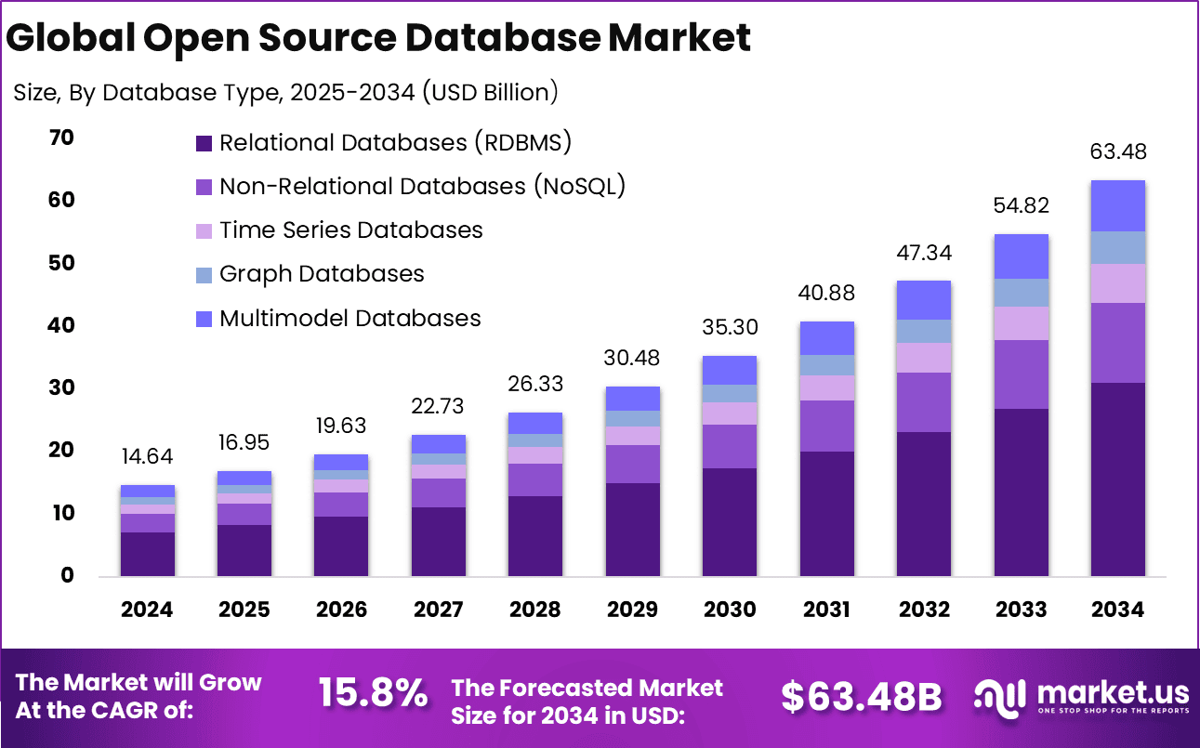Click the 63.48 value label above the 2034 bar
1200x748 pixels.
pos(1117,151)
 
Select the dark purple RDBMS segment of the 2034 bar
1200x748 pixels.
pos(1117,479)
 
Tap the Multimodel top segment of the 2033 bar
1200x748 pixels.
pos(1021,256)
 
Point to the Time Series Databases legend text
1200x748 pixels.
pos(351,230)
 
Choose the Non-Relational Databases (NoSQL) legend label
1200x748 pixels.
pos(422,186)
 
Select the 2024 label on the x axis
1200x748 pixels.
pos(147,610)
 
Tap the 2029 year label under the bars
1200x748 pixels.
pos(632,610)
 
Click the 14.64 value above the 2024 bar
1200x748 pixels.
pos(147,457)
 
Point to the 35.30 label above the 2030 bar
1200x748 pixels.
pos(729,327)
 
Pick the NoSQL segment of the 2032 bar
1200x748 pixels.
pos(924,402)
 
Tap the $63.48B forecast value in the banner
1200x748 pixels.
pos(861,697)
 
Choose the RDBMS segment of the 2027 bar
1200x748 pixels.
pos(438,541)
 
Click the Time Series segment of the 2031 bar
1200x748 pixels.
pos(826,387)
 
